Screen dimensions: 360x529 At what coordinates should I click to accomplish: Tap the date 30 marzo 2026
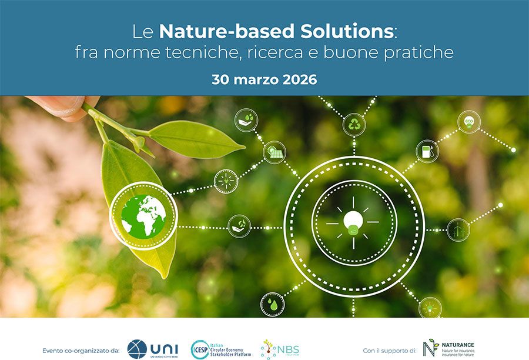264,79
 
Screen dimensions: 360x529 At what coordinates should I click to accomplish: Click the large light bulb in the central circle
353,223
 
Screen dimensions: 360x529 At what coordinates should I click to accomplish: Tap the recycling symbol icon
354,125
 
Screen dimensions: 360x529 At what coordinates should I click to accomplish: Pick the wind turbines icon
458,229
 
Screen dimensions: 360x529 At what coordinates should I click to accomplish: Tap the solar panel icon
274,152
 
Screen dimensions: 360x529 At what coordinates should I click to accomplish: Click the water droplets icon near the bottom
272,304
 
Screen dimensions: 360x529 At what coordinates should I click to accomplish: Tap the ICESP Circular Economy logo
221,349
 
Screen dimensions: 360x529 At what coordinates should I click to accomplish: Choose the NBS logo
280,348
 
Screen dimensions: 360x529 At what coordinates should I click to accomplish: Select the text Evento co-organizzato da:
81,351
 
